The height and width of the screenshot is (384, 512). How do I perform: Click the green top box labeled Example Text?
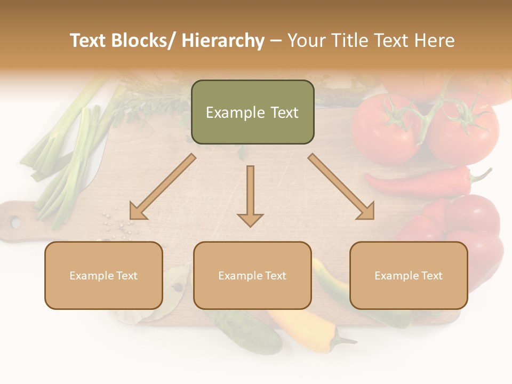coord(252,112)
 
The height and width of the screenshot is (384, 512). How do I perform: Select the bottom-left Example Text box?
coord(103,275)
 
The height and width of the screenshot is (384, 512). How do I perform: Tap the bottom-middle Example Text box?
coord(252,275)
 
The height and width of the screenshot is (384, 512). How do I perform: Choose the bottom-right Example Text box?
coord(409,275)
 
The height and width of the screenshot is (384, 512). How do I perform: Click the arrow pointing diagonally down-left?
coord(163,187)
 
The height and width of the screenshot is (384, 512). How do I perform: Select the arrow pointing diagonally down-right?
coord(341,187)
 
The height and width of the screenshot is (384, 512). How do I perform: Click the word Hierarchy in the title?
coord(223,41)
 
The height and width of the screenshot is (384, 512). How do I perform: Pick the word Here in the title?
coord(434,41)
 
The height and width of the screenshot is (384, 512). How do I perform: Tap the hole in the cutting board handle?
coord(15,222)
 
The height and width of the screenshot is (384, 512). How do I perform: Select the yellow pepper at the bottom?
coord(309,331)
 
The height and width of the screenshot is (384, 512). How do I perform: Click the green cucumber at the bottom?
coord(251,331)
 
